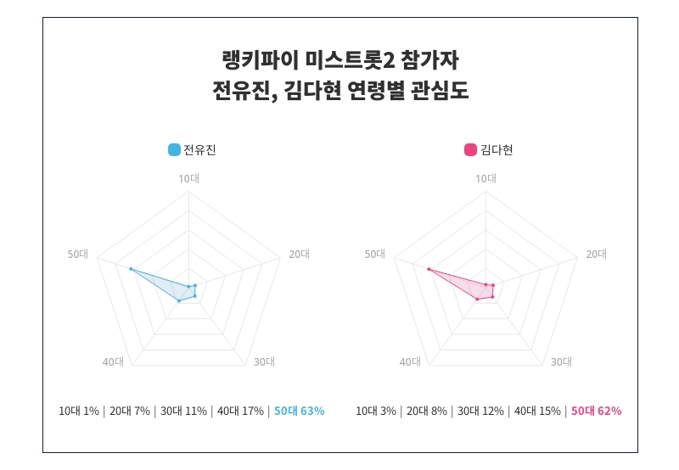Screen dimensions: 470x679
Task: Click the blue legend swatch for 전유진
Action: (174, 150)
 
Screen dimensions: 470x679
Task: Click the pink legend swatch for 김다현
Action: (470, 150)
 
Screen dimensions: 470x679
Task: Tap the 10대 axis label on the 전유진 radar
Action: (188, 178)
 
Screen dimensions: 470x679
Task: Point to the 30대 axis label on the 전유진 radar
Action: (264, 361)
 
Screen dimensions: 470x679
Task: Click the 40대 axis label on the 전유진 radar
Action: (113, 361)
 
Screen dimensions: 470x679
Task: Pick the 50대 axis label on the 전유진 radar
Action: (78, 254)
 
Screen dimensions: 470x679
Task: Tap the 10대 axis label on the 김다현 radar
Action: (485, 178)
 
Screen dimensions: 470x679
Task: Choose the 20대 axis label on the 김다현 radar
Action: (597, 254)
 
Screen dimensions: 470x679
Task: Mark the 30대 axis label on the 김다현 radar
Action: (561, 361)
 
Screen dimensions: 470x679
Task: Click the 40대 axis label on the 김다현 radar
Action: (410, 361)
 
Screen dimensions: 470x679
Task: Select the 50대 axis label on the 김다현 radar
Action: (375, 254)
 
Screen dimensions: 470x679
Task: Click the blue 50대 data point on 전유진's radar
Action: (131, 269)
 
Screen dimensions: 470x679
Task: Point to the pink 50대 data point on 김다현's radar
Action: (429, 270)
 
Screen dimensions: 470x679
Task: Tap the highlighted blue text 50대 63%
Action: (299, 411)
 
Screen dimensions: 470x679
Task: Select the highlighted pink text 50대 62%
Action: (596, 411)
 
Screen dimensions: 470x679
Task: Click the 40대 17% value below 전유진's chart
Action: (240, 411)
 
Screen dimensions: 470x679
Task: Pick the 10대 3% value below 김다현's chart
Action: (376, 411)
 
